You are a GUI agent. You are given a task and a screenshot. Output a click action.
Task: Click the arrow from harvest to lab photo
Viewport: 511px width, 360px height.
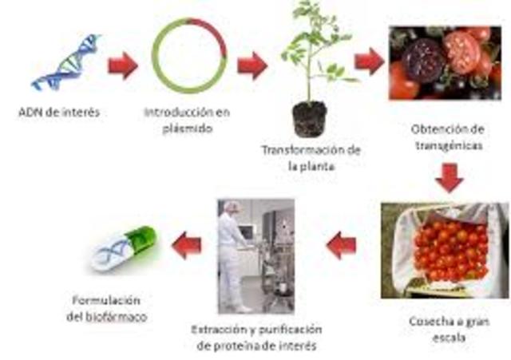(x=342, y=245)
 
